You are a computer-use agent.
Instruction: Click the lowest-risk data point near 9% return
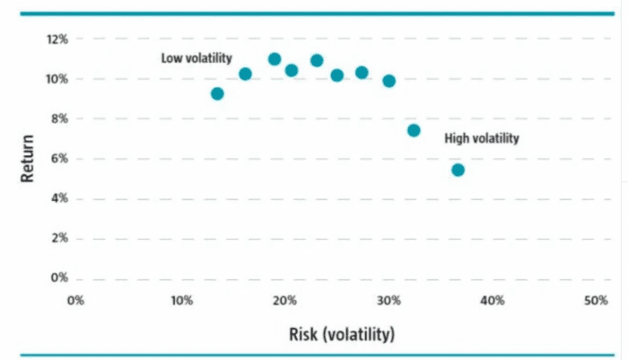217,93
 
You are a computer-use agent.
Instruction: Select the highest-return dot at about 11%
275,59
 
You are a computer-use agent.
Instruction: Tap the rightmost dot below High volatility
458,170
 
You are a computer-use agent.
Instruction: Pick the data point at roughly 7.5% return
414,130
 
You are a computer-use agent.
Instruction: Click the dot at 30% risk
388,81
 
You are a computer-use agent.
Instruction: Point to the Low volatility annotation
196,58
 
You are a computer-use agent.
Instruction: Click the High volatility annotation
482,139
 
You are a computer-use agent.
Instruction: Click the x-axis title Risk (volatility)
341,335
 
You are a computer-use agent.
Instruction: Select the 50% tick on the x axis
596,300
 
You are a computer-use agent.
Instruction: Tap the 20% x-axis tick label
283,300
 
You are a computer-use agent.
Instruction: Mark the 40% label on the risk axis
492,300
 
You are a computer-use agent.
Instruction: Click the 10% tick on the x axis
179,300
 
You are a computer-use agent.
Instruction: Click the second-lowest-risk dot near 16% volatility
245,74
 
